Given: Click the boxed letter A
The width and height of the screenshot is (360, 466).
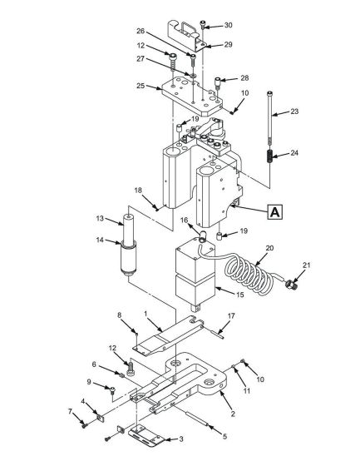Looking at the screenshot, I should coord(274,211).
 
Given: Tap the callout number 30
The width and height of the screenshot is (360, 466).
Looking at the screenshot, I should coord(229,25).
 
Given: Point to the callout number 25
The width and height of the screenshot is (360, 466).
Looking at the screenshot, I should coord(141,85).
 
